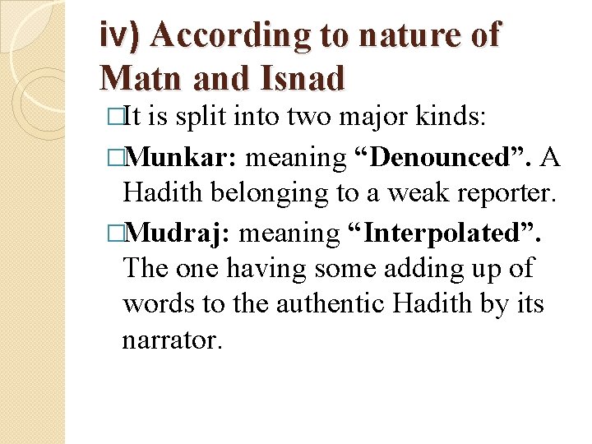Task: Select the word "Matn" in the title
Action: [x=141, y=78]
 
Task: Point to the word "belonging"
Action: [x=263, y=192]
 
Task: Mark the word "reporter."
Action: [x=504, y=192]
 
